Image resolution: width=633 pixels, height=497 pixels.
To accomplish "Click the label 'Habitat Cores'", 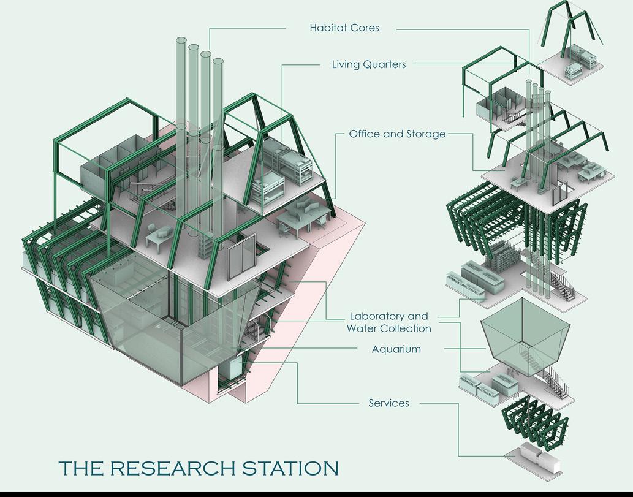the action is (x=344, y=28).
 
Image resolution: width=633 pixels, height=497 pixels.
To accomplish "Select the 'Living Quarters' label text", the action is (x=368, y=64).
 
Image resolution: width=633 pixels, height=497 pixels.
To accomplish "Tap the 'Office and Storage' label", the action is (x=397, y=134).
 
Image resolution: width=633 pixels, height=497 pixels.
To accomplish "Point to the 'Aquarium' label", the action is (x=396, y=349).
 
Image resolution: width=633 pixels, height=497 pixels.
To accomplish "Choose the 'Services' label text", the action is (x=389, y=403).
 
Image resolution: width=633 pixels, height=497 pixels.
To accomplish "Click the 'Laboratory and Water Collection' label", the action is (x=389, y=322).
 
